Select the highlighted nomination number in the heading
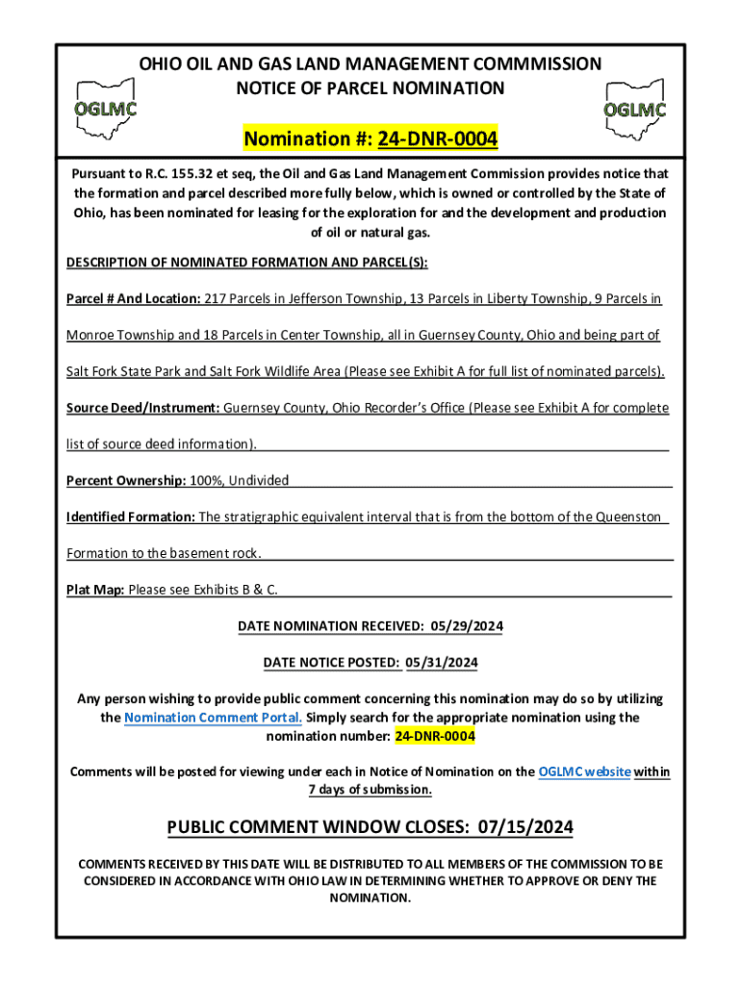click(x=437, y=140)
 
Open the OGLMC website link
click(x=585, y=771)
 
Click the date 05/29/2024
click(x=467, y=626)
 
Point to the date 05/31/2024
click(x=442, y=663)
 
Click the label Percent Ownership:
click(x=126, y=480)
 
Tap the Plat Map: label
click(x=95, y=590)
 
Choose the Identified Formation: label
click(x=131, y=517)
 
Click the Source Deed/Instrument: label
click(x=143, y=408)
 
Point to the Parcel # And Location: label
click(x=133, y=299)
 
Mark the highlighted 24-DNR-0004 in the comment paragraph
click(x=434, y=736)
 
